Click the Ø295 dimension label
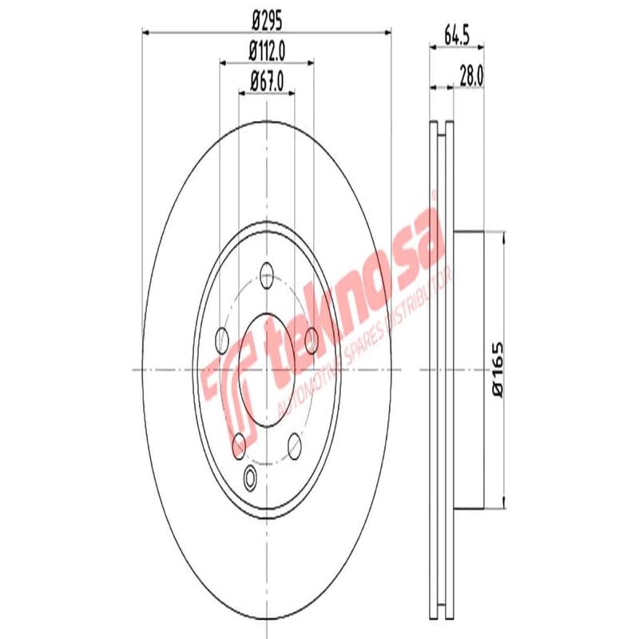pyautogui.click(x=267, y=18)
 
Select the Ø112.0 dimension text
pyautogui.click(x=267, y=50)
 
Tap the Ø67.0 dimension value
pyautogui.click(x=267, y=80)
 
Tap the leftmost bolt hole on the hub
pyautogui.click(x=223, y=339)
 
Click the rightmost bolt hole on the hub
pyautogui.click(x=312, y=339)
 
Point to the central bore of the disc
pyautogui.click(x=267, y=369)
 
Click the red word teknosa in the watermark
pyautogui.click(x=351, y=296)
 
